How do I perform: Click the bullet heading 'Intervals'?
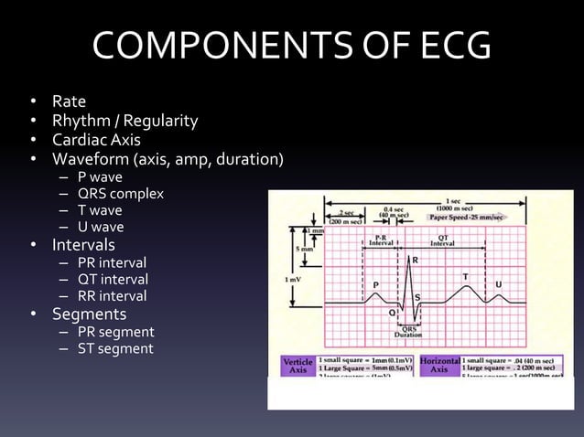pyautogui.click(x=83, y=245)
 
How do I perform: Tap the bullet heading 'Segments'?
pyautogui.click(x=89, y=314)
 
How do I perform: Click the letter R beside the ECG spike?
pyautogui.click(x=416, y=261)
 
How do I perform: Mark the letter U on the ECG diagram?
pyautogui.click(x=498, y=284)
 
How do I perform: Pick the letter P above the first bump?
pyautogui.click(x=374, y=284)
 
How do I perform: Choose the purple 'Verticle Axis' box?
pyautogui.click(x=297, y=367)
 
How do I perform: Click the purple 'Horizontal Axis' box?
pyautogui.click(x=439, y=367)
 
